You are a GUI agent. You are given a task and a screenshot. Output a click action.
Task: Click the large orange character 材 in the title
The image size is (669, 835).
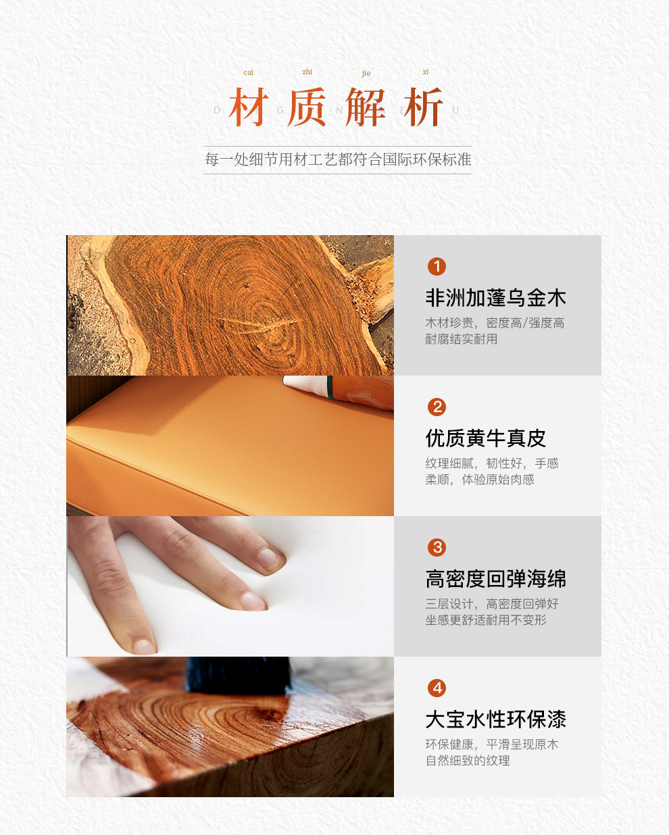coord(249,107)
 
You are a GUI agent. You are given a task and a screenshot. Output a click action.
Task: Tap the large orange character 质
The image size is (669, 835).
coord(307,107)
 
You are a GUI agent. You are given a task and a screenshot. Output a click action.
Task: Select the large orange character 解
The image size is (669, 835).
coord(366,107)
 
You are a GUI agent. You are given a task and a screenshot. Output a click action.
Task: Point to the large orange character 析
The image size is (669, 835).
coord(424,107)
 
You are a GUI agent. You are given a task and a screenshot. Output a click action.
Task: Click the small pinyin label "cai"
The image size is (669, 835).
coord(249,72)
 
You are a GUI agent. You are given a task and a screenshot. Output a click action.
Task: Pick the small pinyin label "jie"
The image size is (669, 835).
coord(366,74)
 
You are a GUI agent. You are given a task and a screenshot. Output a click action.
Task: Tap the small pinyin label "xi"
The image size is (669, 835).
coord(426,72)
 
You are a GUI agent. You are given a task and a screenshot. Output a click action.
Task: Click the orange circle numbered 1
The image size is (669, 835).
coord(437,267)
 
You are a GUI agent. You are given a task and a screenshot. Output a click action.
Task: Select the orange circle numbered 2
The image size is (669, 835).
coord(437,407)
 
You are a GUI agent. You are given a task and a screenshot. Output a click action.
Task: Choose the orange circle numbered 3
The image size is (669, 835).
coord(437,547)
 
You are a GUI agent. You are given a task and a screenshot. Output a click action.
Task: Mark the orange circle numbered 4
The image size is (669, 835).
coord(437,688)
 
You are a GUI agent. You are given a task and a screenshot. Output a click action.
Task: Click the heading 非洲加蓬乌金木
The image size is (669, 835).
coord(496,298)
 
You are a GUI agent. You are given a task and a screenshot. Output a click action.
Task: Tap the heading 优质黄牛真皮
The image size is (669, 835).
coord(486,438)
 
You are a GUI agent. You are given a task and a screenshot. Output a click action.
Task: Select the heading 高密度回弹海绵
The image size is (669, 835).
coord(496,579)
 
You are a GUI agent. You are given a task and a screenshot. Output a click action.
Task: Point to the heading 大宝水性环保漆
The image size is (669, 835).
coord(496,719)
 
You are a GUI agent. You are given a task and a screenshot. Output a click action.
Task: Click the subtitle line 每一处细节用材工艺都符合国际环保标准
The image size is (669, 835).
coord(338,159)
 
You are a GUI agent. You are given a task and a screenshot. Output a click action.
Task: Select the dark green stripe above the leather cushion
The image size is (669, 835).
coord(330,387)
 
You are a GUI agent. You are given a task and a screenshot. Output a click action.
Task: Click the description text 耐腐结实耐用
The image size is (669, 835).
coord(462,339)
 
